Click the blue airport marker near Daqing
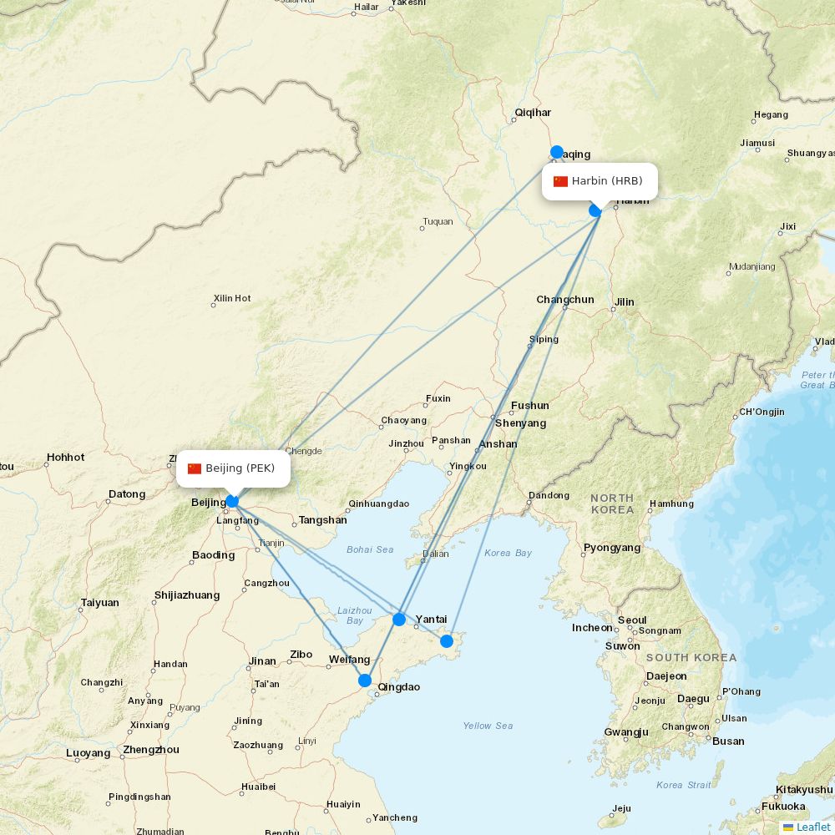pos(557,152)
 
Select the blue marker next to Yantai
pos(399,619)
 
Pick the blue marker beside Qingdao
pos(365,681)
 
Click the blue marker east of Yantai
pos(447,640)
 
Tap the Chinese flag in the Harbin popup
pos(560,181)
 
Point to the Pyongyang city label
pos(612,548)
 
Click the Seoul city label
pos(632,620)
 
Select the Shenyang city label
pos(520,423)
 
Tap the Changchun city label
pos(565,300)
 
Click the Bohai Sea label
pos(370,549)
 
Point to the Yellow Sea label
pos(488,726)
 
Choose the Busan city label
pos(728,741)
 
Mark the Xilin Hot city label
pos(232,298)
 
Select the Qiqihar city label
pos(533,112)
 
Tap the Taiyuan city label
pos(100,602)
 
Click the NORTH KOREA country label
pos(612,504)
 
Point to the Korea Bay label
pos(508,553)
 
